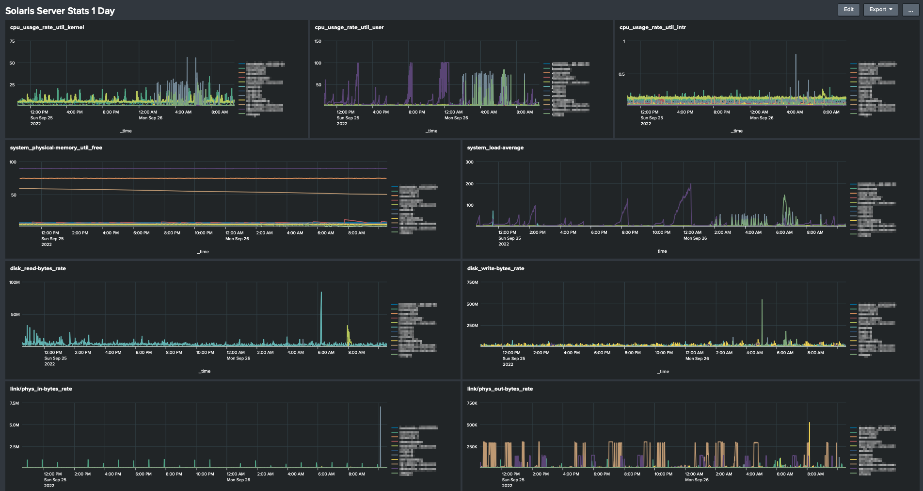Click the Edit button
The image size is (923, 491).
pos(848,10)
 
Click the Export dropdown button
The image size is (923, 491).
pos(880,10)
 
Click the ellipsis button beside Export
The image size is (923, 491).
pos(910,10)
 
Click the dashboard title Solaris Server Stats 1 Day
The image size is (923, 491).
pos(60,11)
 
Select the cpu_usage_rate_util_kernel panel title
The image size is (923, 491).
pos(47,27)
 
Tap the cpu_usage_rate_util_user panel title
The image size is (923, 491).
pos(349,27)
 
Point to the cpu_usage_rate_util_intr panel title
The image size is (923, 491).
pos(652,27)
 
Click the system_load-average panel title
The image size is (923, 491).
pos(495,147)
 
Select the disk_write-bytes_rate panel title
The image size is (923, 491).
pos(495,268)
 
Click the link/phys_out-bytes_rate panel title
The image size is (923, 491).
pos(500,389)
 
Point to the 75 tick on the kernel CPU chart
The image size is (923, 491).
pos(13,41)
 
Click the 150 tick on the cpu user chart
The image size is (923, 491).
pos(318,41)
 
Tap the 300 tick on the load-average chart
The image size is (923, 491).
pos(469,162)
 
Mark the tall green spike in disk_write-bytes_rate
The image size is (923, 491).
pos(762,302)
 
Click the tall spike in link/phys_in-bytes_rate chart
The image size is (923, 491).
pos(380,409)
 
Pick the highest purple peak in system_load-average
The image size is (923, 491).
pos(690,185)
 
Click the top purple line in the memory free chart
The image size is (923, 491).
pos(194,168)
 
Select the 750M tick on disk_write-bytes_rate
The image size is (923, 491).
pos(472,282)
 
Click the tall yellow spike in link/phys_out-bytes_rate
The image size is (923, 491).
pos(809,425)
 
